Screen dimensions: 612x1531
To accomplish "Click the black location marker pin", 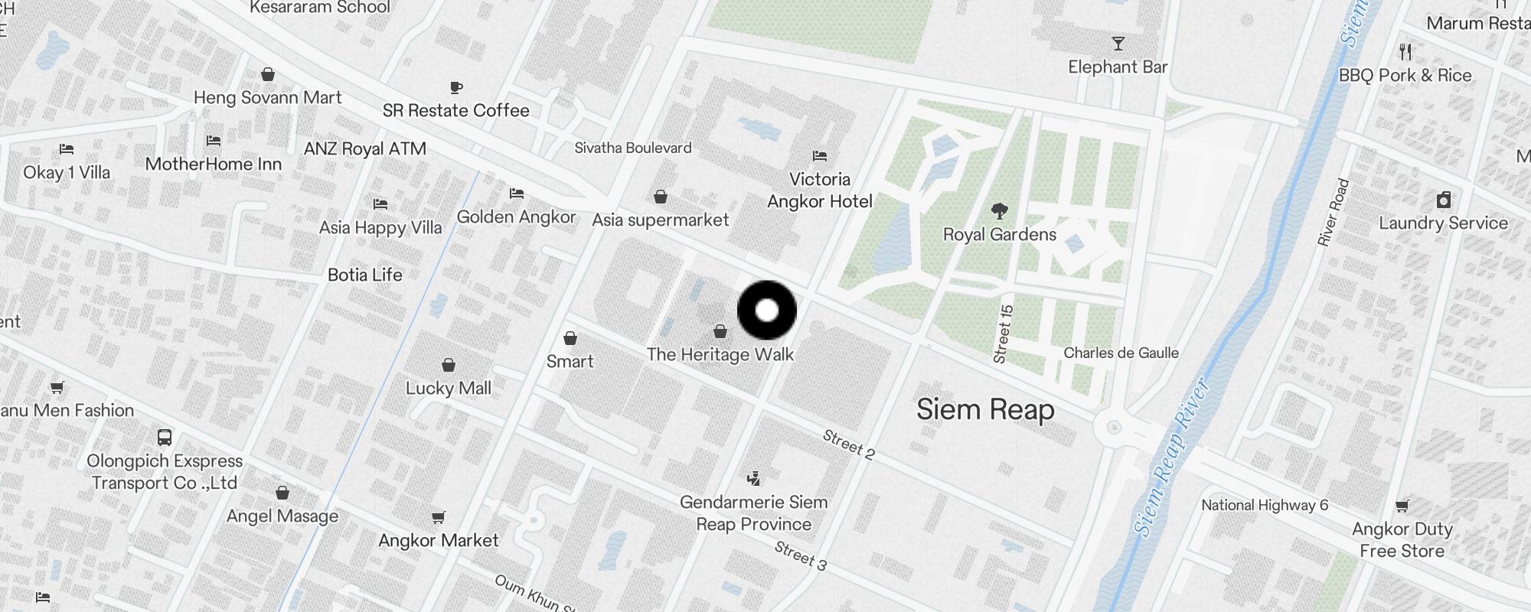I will point(767,311).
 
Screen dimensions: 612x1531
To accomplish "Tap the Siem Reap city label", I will point(985,410).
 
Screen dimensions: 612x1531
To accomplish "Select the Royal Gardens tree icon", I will point(999,210).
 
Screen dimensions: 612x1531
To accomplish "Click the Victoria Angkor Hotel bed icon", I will point(820,156).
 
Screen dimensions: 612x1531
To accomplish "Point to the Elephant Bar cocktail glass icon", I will point(1118,44).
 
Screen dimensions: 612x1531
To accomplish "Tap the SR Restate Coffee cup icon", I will point(456,87).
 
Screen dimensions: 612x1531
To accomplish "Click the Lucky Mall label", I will point(449,388).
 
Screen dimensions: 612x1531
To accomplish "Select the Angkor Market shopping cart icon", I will point(439,518).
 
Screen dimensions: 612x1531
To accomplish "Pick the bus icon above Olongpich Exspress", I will point(165,438).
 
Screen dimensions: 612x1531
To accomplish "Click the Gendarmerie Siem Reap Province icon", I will point(754,479).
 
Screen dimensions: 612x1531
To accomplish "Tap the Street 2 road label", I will point(848,444).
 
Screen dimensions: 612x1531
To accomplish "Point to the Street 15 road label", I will point(1003,334).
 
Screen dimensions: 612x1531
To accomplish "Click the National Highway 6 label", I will point(1265,505).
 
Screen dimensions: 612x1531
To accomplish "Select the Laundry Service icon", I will point(1444,200).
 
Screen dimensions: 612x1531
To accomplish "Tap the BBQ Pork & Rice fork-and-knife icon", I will point(1405,52).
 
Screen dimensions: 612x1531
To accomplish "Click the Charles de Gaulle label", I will point(1121,353).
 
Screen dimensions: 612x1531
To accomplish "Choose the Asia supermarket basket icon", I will point(661,197).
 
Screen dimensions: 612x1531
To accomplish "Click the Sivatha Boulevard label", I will point(633,148).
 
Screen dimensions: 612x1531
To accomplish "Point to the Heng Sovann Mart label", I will point(268,97).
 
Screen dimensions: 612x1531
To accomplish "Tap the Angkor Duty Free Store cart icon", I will point(1402,506).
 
